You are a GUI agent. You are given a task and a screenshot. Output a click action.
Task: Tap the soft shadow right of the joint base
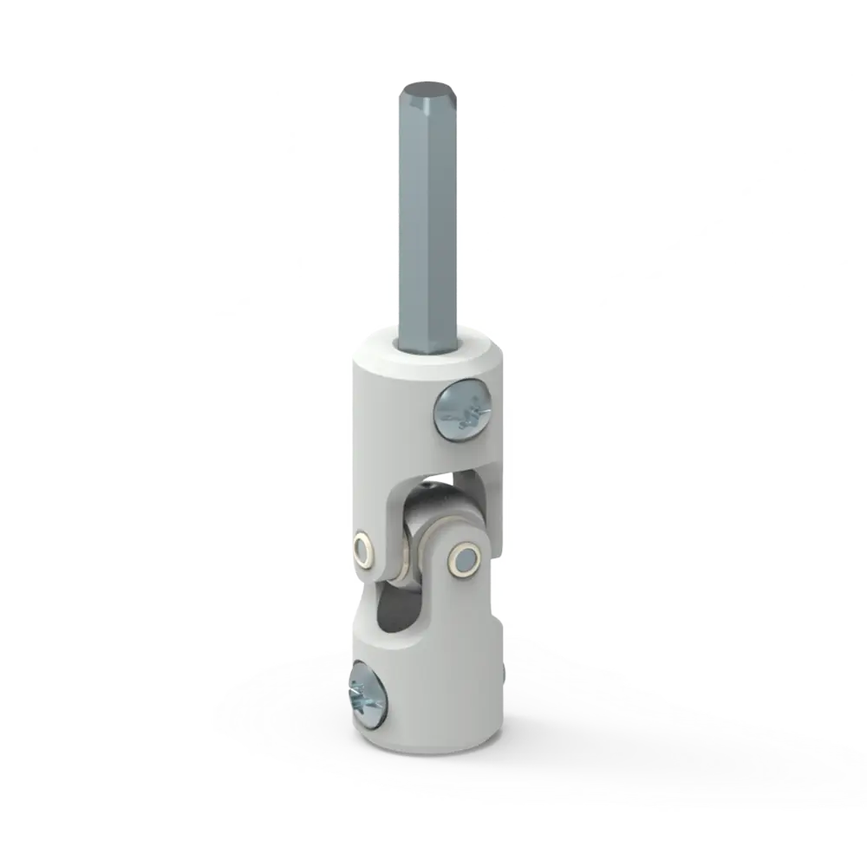[x=624, y=720]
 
